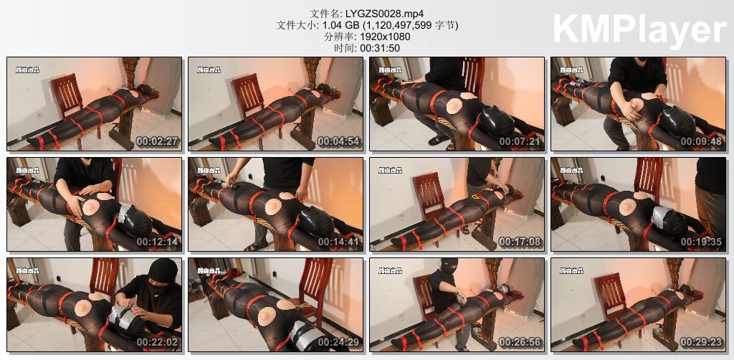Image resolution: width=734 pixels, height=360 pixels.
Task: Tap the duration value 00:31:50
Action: point(379,48)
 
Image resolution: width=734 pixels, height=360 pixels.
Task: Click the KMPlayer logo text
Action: point(639,30)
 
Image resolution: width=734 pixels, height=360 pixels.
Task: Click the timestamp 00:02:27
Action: point(157,142)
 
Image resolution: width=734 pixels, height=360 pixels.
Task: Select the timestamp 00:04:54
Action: point(338,142)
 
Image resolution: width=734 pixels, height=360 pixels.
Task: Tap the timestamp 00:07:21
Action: point(520,142)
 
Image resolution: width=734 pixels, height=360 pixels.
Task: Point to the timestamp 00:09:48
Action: point(701,142)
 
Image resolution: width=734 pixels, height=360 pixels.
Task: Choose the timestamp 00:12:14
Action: point(157,242)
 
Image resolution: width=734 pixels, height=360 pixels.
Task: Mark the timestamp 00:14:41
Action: point(338,242)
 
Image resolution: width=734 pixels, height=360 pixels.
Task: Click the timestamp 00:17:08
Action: point(520,242)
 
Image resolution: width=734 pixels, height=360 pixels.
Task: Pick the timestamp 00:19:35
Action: point(701,242)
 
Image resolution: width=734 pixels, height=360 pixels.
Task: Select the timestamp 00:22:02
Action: point(157,343)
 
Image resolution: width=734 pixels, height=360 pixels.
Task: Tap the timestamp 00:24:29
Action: point(338,343)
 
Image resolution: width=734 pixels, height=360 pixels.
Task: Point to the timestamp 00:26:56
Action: point(520,343)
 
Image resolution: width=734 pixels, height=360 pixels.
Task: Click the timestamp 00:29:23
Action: point(701,343)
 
